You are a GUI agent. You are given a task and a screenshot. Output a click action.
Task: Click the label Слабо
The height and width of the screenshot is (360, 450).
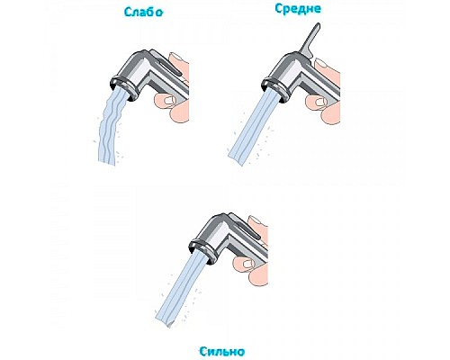coord(144,12)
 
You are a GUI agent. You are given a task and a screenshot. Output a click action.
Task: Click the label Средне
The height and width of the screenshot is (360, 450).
coord(298,9)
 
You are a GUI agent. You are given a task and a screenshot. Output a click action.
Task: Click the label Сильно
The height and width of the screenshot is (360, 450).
coord(221,351)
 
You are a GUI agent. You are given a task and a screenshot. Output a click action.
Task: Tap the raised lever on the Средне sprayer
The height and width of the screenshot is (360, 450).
coord(310,39)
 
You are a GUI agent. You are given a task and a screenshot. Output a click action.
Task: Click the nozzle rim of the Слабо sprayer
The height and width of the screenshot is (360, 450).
coord(124,88)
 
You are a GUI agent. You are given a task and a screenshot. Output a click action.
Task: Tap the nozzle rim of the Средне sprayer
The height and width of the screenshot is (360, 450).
coord(275,88)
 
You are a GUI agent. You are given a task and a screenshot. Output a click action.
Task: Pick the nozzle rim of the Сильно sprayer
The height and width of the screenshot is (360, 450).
coord(203,250)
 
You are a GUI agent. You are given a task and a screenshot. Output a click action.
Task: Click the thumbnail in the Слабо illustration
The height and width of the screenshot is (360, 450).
coord(170,100)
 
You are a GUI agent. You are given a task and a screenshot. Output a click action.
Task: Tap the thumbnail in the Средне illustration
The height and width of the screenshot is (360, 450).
coord(320,102)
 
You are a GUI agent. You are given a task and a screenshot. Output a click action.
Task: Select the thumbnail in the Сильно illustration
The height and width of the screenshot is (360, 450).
coord(248,264)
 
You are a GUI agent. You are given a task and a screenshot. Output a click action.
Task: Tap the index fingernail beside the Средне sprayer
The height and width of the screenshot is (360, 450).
coord(321,64)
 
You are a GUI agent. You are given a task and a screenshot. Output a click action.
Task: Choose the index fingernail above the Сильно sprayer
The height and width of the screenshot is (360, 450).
coord(256,220)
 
